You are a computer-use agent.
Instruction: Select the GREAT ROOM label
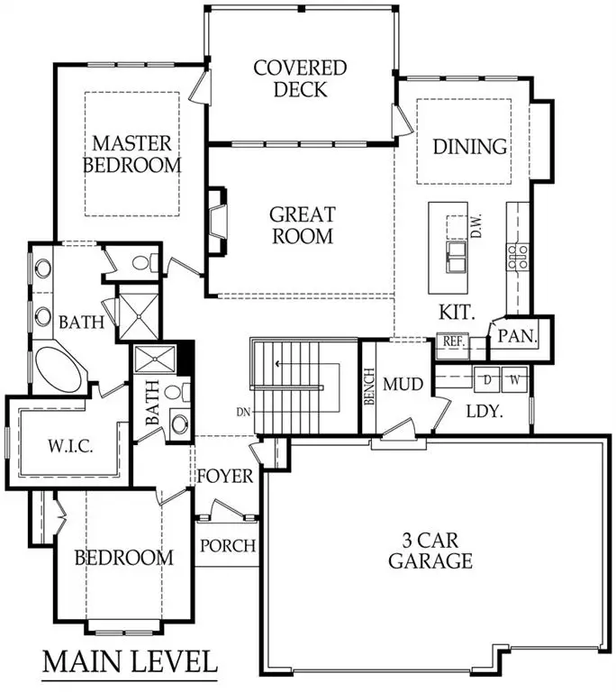[303, 225]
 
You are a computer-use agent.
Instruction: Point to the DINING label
[469, 146]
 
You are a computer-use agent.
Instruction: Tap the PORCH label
[228, 545]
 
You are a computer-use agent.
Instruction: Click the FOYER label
[225, 476]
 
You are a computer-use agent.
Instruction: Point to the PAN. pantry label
[518, 337]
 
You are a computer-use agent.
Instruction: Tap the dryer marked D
[487, 379]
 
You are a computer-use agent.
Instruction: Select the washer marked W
[512, 379]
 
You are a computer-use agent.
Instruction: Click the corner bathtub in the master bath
[56, 367]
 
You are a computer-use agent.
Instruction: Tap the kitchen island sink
[455, 254]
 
